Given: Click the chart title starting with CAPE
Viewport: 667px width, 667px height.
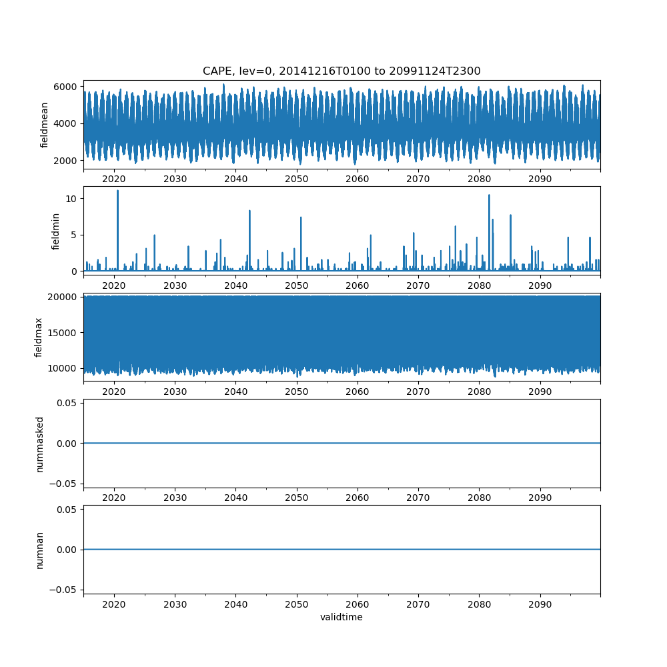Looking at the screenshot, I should (342, 71).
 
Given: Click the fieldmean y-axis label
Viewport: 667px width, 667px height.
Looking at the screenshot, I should (45, 125).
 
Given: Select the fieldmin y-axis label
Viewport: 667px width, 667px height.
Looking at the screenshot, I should (56, 231).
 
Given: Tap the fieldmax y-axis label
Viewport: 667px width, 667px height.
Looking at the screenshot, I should (39, 338).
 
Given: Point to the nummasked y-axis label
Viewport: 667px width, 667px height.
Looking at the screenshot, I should (39, 444).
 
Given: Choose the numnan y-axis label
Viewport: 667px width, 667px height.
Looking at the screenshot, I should (39, 550).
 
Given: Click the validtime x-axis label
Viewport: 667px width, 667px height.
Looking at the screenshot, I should (342, 618).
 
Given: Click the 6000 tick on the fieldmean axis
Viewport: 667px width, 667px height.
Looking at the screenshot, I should (66, 87).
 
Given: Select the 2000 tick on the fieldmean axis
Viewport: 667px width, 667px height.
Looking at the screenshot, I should (66, 160).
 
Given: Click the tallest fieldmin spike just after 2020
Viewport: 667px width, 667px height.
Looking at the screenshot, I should (118, 191).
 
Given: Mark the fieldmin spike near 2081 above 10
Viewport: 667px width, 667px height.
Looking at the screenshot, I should (489, 195).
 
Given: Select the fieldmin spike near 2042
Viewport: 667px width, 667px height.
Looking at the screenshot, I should (249, 211).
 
